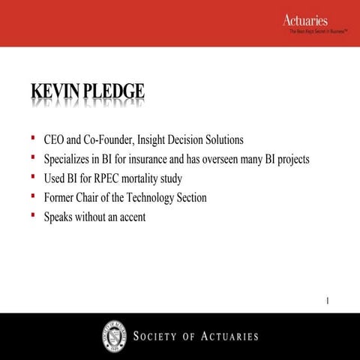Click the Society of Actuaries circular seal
tap(114, 334)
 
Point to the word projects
tap(290, 159)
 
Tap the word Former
tap(61, 197)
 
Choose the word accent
tap(130, 217)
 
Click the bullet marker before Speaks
tap(33, 215)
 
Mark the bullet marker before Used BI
tap(33, 177)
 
